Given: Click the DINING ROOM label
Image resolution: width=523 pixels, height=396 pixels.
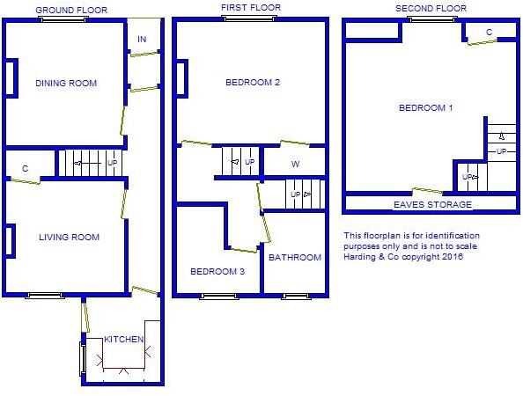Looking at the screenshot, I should (x=66, y=84).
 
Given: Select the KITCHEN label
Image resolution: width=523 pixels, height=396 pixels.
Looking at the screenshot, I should (x=124, y=340).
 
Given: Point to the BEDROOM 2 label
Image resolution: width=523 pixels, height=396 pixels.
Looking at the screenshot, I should (x=253, y=84).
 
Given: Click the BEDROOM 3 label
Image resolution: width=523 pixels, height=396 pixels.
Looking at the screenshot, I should (x=217, y=271).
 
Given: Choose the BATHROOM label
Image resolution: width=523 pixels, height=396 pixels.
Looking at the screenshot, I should (x=295, y=258).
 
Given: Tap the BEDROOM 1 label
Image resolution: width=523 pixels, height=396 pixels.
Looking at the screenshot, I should (x=426, y=108).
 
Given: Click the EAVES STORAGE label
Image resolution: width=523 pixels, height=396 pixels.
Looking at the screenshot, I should (x=432, y=204).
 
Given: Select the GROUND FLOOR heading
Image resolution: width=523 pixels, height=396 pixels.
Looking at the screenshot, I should (x=71, y=10).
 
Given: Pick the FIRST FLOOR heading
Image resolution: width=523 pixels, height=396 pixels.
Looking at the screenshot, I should (x=252, y=8).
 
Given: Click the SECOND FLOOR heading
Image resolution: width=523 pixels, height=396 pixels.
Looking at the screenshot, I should (x=431, y=8).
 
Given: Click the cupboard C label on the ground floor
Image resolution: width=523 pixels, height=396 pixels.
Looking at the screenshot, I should (x=26, y=168).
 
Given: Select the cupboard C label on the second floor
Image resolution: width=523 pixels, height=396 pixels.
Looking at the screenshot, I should (x=489, y=33).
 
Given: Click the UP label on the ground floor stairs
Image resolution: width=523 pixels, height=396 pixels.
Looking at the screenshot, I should (x=112, y=163).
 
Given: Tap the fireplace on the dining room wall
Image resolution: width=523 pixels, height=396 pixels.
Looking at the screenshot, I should (x=11, y=78).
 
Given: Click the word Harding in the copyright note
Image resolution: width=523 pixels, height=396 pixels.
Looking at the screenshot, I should (x=362, y=257).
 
